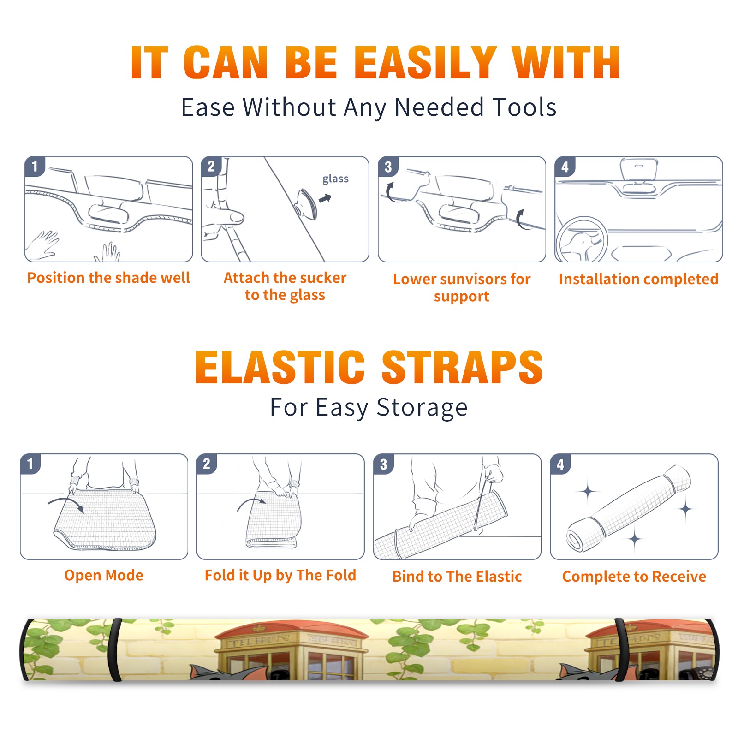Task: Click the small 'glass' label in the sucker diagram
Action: [x=335, y=179]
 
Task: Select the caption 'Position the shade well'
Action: [x=108, y=278]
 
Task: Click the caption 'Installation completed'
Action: [x=638, y=279]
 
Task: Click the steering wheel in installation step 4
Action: [x=582, y=239]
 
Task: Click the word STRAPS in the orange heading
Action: [x=462, y=368]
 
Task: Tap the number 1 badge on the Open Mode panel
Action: [x=30, y=464]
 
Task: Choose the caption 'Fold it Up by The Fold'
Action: [x=280, y=576]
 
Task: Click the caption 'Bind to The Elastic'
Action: [x=457, y=577]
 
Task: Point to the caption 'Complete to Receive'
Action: [x=634, y=577]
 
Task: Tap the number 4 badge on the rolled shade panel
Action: [x=560, y=464]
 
